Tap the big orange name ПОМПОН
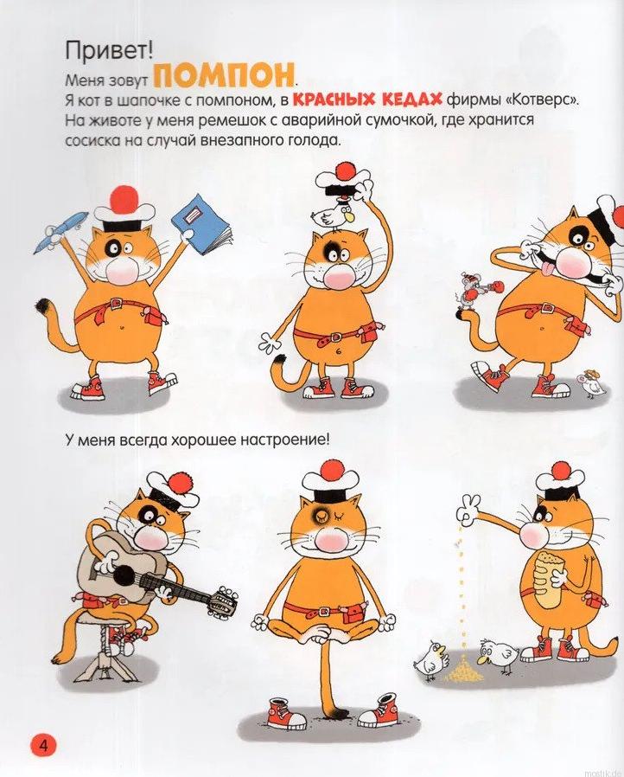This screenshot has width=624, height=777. (x=223, y=76)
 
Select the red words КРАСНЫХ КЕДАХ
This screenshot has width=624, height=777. (x=367, y=100)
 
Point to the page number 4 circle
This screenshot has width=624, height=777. (x=44, y=745)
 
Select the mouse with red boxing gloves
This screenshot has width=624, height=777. (x=472, y=291)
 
